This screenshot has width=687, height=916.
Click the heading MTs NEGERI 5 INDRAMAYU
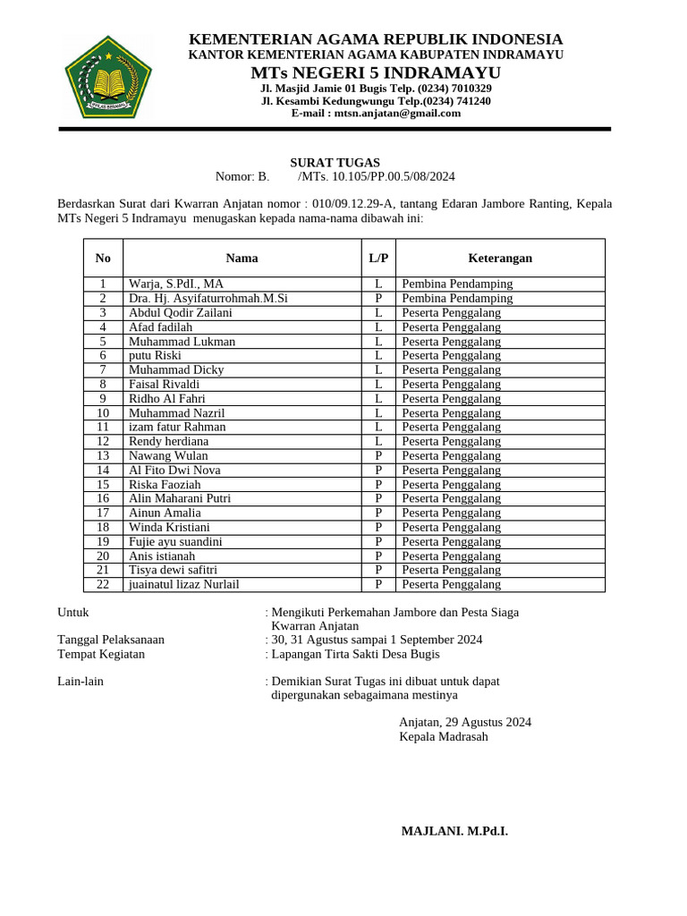(376, 72)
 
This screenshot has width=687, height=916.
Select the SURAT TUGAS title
(335, 163)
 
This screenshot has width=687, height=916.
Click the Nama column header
(242, 258)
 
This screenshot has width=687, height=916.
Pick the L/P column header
(378, 258)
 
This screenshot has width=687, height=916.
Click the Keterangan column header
(500, 258)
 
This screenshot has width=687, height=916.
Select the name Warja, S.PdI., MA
(176, 284)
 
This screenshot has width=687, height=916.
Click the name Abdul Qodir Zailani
(180, 312)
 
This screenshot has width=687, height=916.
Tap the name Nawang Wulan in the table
(168, 455)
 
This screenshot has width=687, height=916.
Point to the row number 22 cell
(103, 584)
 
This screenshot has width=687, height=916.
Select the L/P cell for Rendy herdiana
(378, 441)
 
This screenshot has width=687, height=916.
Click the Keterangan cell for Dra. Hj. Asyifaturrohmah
(457, 298)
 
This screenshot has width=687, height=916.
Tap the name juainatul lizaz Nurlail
(183, 584)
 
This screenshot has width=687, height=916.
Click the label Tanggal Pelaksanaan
(111, 640)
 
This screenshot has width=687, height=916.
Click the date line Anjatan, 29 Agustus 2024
(465, 722)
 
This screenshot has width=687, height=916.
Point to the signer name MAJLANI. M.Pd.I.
(454, 831)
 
